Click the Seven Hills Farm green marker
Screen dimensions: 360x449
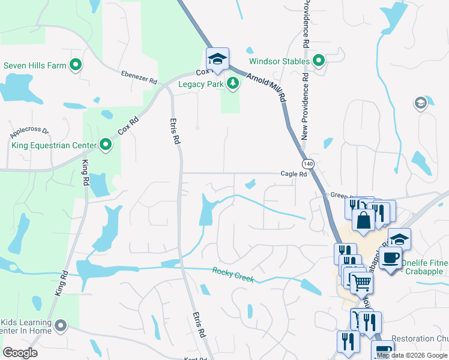pos(76,65)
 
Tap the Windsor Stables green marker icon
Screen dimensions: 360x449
pos(319,61)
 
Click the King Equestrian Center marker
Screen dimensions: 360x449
pos(106,145)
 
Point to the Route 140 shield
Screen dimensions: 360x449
pos(308,164)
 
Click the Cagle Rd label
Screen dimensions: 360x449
pos(294,174)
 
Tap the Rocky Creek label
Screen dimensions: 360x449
pos(234,275)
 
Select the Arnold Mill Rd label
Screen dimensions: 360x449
pos(267,87)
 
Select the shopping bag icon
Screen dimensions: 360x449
pos(364,219)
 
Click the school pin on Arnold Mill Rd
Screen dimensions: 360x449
pos(217,58)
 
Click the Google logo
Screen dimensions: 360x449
pos(20,353)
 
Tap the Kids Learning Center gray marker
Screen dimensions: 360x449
pos(60,326)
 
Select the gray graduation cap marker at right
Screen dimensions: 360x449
pos(420,104)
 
